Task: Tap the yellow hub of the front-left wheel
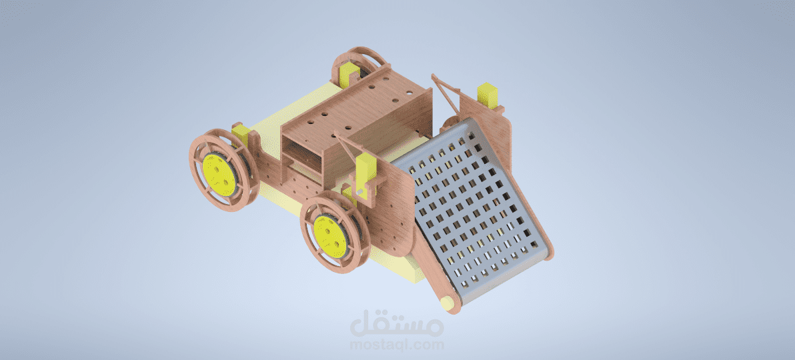331,236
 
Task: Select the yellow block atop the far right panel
490,94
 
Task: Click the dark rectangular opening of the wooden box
303,153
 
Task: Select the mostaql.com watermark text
397,345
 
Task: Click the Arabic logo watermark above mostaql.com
397,325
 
